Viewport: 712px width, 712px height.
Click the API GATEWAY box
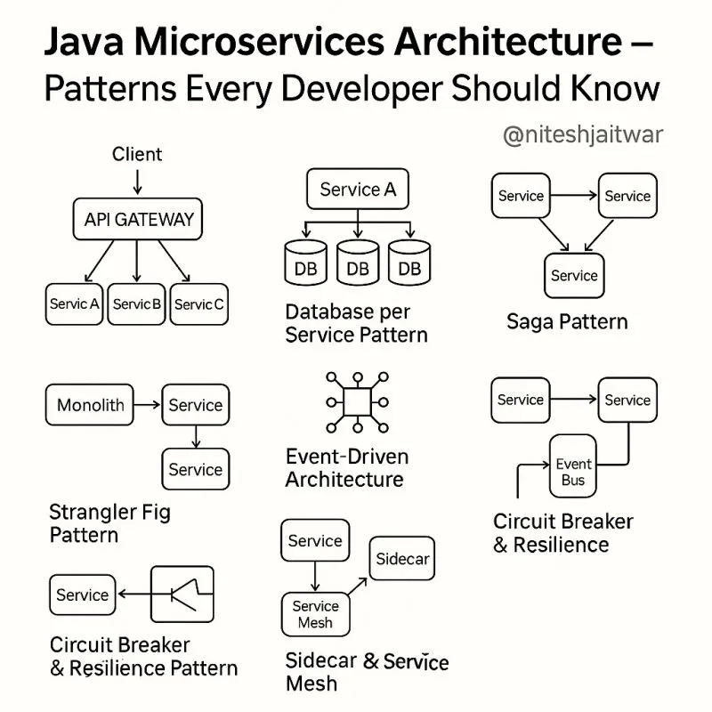138,219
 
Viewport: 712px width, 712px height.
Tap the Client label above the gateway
137,154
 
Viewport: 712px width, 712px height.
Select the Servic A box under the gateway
75,303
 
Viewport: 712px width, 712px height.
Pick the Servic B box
137,303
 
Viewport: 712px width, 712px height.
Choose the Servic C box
199,303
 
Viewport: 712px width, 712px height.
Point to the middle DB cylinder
357,265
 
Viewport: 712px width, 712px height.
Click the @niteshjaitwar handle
583,135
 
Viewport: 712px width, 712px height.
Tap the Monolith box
90,405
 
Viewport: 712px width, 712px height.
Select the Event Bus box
574,472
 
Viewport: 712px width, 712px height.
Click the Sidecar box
402,559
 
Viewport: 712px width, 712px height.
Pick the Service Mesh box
315,614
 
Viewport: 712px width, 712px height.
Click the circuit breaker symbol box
182,594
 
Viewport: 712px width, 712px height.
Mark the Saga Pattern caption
567,321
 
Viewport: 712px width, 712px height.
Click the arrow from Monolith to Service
148,405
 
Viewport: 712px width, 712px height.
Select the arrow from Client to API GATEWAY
137,181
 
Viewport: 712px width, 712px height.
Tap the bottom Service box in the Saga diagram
574,275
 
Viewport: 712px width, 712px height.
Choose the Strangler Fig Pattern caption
109,523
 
